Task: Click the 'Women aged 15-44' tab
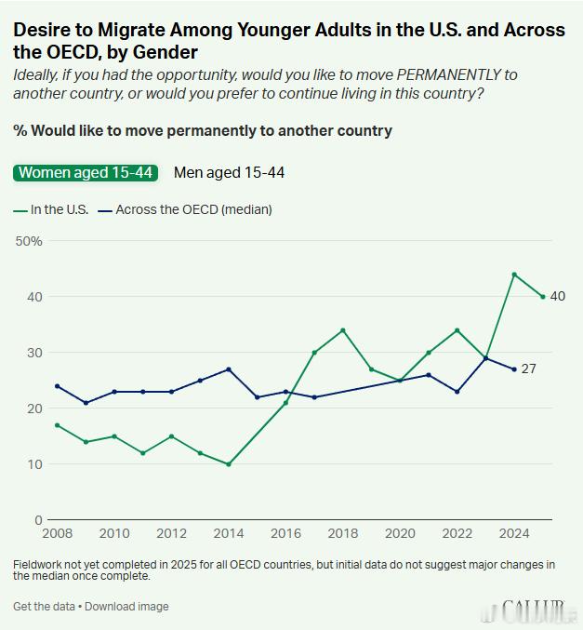coord(86,172)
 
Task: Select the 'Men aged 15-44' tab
coord(229,172)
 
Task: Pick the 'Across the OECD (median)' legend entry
coord(186,209)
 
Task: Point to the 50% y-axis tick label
coord(29,241)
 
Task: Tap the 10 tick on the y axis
coord(35,464)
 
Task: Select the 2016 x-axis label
coord(285,533)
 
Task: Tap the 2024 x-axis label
coord(514,533)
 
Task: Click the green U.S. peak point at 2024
coord(514,275)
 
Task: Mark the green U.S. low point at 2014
coord(229,464)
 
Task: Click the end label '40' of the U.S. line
coord(558,297)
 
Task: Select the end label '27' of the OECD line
coord(528,369)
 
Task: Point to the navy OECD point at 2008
coord(58,386)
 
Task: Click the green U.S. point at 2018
coord(343,330)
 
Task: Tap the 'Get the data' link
coord(45,607)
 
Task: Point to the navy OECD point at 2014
coord(229,369)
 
